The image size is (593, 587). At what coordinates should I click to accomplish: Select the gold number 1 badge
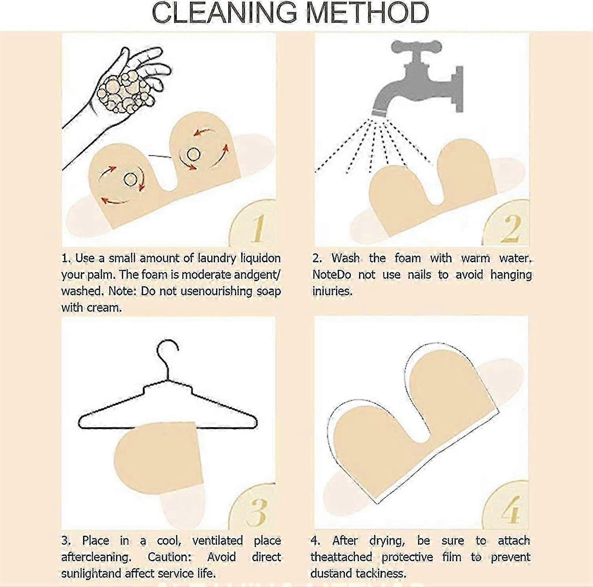pyautogui.click(x=253, y=224)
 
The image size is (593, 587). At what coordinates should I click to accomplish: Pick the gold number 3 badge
pyautogui.click(x=253, y=507)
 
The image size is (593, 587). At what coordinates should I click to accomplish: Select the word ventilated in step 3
pyautogui.click(x=217, y=541)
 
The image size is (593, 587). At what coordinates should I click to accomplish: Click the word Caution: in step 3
pyautogui.click(x=170, y=557)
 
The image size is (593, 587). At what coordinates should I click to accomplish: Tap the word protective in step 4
pyautogui.click(x=408, y=557)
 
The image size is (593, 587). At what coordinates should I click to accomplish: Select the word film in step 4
pyautogui.click(x=452, y=557)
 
